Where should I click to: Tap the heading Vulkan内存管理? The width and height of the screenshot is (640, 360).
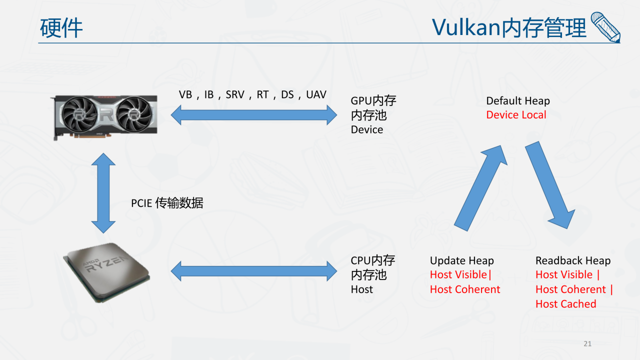click(x=509, y=27)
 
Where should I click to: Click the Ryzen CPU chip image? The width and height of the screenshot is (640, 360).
click(x=106, y=271)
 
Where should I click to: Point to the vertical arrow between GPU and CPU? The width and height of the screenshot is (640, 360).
click(x=103, y=192)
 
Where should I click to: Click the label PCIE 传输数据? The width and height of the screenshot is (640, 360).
click(x=167, y=203)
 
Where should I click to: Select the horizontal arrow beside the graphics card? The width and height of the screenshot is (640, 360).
click(x=254, y=115)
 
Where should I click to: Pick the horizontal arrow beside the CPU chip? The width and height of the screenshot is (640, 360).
click(x=254, y=271)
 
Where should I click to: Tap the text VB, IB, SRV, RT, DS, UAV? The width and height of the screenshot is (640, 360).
click(x=252, y=94)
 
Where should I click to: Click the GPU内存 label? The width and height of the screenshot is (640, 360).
click(x=373, y=100)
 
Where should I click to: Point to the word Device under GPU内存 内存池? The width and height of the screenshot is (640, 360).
click(x=366, y=129)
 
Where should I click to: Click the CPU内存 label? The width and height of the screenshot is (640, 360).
click(x=372, y=260)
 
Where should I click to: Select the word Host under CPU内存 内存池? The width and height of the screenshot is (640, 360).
click(x=361, y=289)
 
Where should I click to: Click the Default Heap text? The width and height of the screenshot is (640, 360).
click(x=517, y=101)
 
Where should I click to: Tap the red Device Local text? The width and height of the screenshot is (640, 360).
click(x=516, y=115)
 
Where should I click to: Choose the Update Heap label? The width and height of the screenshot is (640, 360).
click(x=461, y=260)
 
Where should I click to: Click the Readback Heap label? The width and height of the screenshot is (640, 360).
click(x=572, y=260)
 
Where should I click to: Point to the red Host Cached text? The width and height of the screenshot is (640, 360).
click(x=565, y=303)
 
